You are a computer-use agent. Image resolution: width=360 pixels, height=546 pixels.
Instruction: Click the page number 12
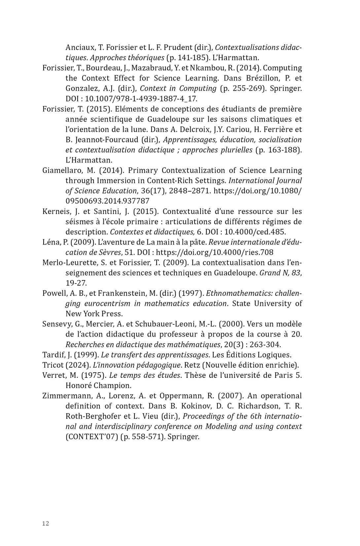pos(46,523)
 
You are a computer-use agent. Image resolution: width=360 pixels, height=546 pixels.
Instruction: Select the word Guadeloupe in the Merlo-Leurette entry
pos(235,273)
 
